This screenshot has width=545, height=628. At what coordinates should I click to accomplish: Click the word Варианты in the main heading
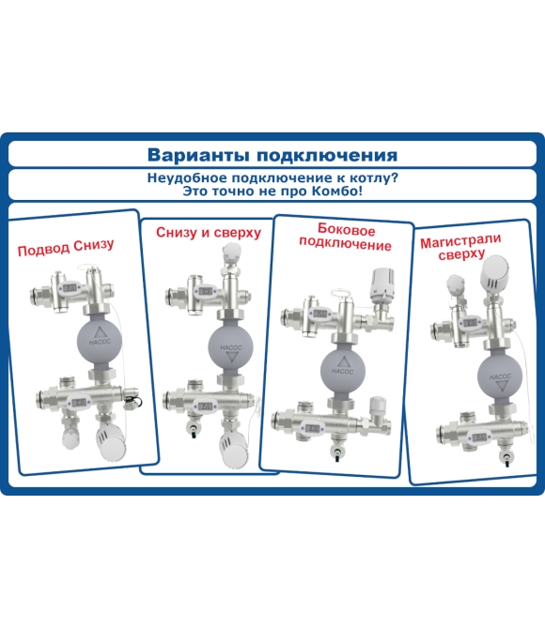coord(199,155)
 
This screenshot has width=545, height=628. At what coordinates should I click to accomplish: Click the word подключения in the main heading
coord(327,156)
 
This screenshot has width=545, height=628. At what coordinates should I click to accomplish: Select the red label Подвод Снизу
coord(66,247)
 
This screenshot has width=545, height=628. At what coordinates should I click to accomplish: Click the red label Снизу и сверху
coord(209,232)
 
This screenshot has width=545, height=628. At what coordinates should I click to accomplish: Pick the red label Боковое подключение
coord(345,237)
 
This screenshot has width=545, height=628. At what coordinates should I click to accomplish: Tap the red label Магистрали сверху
coord(460,247)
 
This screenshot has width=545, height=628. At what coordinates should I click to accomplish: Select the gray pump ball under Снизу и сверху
coord(231,346)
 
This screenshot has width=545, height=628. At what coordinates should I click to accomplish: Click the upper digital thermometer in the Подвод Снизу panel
coord(70,287)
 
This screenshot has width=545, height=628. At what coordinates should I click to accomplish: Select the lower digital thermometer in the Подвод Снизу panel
coord(79,402)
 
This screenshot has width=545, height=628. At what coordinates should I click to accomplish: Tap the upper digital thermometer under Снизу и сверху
coord(206,291)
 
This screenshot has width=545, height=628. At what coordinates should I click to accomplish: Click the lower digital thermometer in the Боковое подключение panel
coord(312,428)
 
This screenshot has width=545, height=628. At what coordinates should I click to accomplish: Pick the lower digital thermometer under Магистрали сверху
coord(479,437)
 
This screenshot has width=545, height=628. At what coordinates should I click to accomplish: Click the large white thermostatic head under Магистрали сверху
coord(496,274)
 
